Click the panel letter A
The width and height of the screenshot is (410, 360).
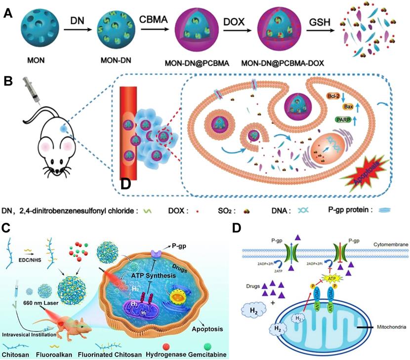[8, 14]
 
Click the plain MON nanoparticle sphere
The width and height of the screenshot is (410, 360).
[33, 33]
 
